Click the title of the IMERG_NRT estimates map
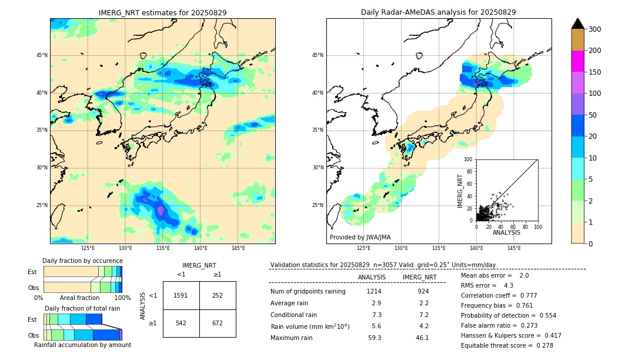[x=162, y=12]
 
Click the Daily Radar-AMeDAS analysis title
[x=438, y=12]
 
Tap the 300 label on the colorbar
[x=594, y=29]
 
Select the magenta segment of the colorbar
[x=577, y=61]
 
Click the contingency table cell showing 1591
[x=181, y=295]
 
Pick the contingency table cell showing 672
[x=218, y=323]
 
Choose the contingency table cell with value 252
[x=218, y=295]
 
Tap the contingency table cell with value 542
[x=181, y=323]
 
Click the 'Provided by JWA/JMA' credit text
[x=360, y=237]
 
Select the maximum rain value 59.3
[x=375, y=338]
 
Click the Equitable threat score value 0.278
[x=544, y=345]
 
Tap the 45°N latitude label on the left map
[x=42, y=55]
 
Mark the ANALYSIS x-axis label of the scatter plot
[x=506, y=232]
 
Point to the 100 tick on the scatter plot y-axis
[x=469, y=159]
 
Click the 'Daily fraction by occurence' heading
[x=82, y=261]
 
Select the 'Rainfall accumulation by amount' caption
[x=82, y=345]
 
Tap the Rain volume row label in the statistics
[x=310, y=326]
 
